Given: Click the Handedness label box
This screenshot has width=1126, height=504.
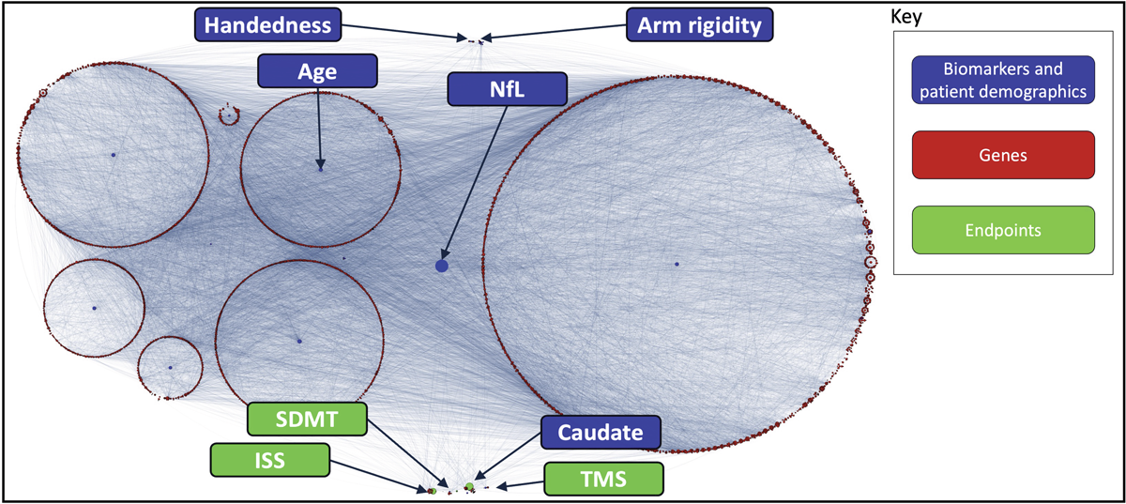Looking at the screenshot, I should tap(267, 24).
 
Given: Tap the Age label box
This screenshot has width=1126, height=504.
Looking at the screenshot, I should tap(318, 70).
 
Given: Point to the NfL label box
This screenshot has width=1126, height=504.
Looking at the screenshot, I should tap(508, 89).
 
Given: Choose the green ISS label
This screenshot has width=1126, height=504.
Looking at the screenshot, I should tap(270, 459).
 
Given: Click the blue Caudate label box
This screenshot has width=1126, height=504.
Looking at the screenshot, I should tap(601, 433).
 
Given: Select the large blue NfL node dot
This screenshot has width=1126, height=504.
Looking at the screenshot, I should tap(442, 267).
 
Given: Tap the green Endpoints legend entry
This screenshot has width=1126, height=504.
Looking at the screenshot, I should tap(1003, 230).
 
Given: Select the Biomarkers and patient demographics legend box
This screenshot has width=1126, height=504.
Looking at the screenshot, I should tap(1003, 82).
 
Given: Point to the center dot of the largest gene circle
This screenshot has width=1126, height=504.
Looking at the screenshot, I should tap(676, 264).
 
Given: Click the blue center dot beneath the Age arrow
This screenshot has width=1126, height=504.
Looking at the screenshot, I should tap(321, 170).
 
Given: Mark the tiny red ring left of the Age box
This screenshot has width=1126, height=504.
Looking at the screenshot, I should tap(228, 115).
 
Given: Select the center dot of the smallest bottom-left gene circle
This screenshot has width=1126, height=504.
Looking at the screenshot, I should tap(170, 367).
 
